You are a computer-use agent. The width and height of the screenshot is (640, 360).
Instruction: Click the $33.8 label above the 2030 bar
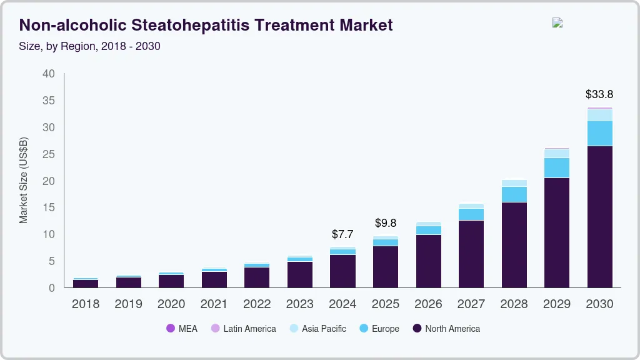click(x=599, y=95)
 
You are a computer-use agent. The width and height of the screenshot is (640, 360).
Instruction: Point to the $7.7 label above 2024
click(x=342, y=235)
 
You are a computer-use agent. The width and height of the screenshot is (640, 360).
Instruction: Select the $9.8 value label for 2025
click(x=386, y=223)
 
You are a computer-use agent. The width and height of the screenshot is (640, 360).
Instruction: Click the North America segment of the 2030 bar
click(x=599, y=216)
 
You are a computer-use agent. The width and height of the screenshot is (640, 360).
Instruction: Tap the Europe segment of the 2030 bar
click(x=599, y=133)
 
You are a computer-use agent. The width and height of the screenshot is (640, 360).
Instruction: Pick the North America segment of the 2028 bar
click(x=514, y=244)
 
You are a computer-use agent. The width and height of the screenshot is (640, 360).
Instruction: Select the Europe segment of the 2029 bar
click(x=556, y=167)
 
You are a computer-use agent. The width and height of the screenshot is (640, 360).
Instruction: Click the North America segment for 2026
click(x=428, y=261)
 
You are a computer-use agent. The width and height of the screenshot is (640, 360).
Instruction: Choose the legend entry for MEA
click(x=182, y=329)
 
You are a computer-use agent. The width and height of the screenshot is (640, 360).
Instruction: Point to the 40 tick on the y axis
click(x=49, y=74)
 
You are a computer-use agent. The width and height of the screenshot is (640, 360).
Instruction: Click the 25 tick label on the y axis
click(x=49, y=154)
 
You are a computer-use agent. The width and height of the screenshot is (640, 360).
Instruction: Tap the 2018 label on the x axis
click(x=85, y=304)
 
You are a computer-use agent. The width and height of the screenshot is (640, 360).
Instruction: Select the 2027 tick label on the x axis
click(x=471, y=304)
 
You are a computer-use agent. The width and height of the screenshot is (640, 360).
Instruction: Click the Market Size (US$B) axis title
click(x=24, y=180)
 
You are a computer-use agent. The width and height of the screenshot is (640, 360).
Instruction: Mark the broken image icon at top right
click(x=557, y=22)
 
